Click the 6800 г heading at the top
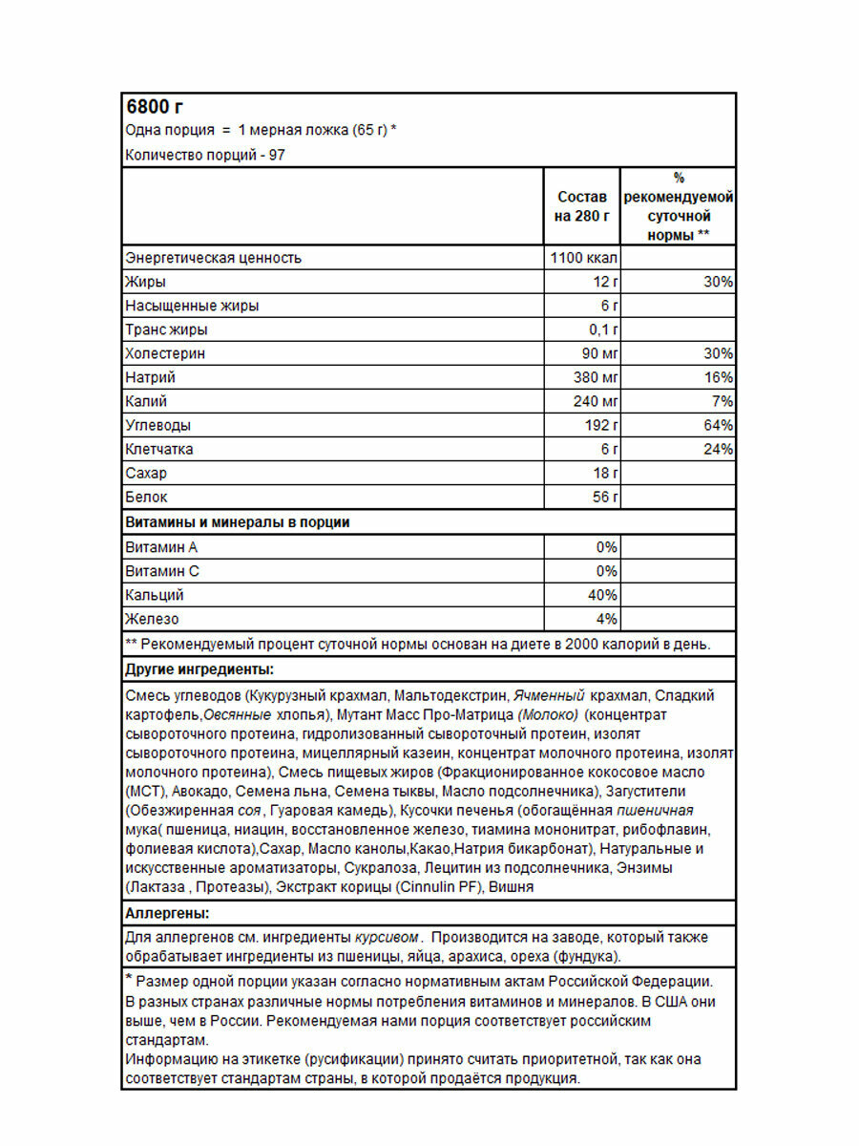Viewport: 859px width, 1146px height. [156, 107]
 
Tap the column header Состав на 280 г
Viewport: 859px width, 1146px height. [581, 206]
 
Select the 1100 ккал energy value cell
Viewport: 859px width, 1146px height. [584, 258]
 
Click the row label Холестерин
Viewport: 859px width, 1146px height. [165, 353]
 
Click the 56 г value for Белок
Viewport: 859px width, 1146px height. [605, 497]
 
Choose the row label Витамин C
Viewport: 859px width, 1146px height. [161, 571]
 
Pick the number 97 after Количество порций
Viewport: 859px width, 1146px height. [278, 155]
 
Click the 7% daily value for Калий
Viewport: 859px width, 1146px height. [723, 401]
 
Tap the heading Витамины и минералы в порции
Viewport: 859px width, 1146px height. [238, 522]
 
